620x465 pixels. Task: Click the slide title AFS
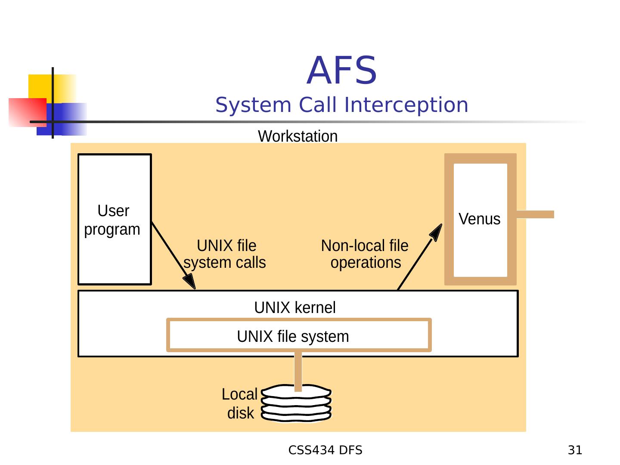click(x=341, y=70)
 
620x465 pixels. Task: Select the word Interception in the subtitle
click(x=406, y=105)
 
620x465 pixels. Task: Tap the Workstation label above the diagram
click(x=298, y=136)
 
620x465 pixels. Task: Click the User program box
click(x=115, y=219)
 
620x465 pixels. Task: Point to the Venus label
click(x=479, y=219)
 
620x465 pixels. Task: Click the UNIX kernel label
click(x=295, y=307)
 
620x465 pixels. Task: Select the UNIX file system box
click(x=299, y=335)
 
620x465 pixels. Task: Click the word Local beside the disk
click(x=239, y=394)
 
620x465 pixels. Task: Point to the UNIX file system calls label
click(x=225, y=254)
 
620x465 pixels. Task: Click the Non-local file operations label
click(x=365, y=254)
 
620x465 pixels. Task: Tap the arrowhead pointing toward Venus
click(x=436, y=232)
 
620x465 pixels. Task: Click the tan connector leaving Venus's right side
click(x=535, y=214)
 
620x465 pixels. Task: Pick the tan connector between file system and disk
click(x=298, y=372)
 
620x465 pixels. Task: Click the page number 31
click(x=575, y=450)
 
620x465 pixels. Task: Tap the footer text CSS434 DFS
click(x=325, y=450)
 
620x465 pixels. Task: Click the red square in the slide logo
click(x=28, y=112)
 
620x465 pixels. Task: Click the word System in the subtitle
click(x=253, y=105)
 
